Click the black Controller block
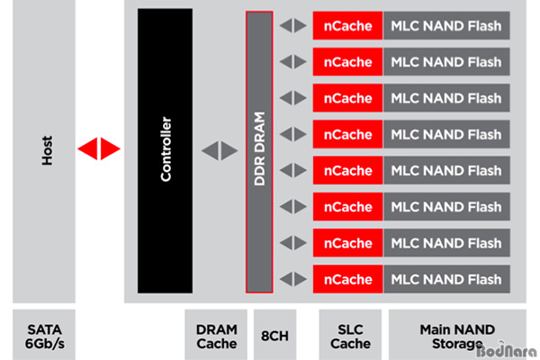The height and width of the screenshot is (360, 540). (x=166, y=151)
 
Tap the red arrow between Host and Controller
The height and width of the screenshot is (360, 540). (x=98, y=148)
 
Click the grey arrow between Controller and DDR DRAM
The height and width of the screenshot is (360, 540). (x=219, y=151)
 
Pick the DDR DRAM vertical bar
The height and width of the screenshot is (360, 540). (x=259, y=151)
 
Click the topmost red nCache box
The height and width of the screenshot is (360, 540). (x=347, y=25)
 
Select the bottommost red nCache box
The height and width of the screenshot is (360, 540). (x=347, y=279)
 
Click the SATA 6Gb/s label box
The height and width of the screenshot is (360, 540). (x=43, y=336)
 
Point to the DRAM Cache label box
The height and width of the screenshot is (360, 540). (x=216, y=336)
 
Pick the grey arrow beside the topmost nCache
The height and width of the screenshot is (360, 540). (x=292, y=25)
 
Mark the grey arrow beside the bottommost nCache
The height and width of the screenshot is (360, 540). (x=292, y=279)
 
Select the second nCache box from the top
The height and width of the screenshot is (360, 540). (x=347, y=62)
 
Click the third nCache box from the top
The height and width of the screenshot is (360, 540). (x=347, y=98)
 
